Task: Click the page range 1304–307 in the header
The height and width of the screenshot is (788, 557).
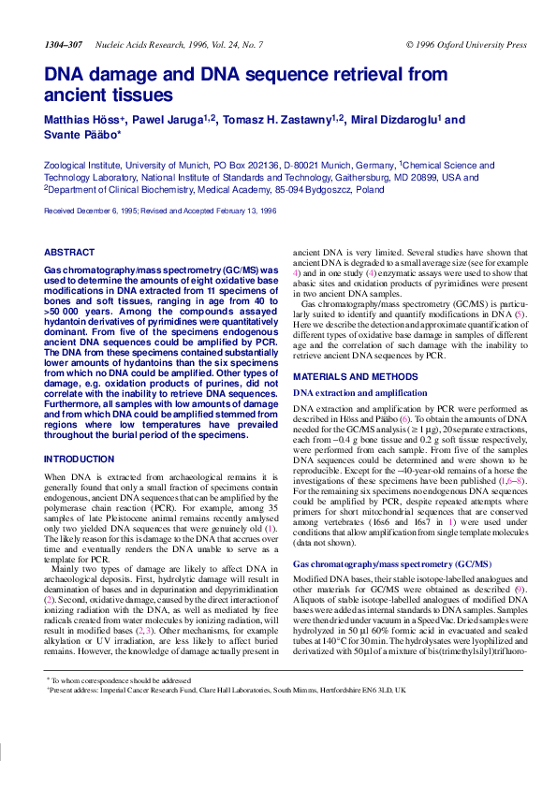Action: click(63, 44)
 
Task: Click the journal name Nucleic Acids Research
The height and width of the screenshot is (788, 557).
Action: click(144, 44)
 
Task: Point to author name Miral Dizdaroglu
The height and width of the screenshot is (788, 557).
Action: click(393, 120)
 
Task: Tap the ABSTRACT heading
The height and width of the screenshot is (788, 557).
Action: click(70, 253)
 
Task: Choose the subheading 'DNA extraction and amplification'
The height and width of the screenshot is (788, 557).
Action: click(360, 393)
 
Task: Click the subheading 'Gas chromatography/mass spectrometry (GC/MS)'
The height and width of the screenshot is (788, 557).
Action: click(392, 564)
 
